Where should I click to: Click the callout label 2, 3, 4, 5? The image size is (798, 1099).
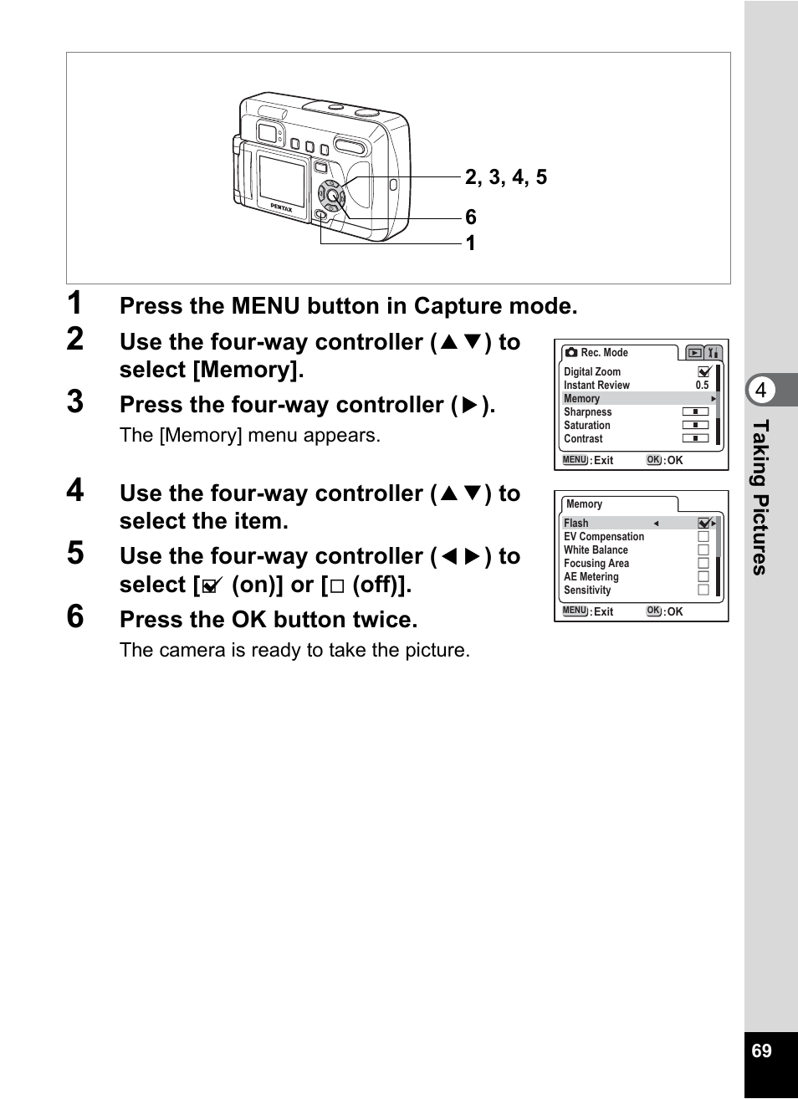[x=505, y=177]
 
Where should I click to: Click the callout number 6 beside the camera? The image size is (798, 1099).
[x=471, y=217]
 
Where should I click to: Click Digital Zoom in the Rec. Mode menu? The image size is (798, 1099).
[x=592, y=372]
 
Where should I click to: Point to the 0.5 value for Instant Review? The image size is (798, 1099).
[x=702, y=386]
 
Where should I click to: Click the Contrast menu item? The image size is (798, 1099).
[x=583, y=439]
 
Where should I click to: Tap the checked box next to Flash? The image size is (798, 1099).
[x=704, y=524]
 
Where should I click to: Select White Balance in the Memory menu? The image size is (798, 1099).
[x=596, y=550]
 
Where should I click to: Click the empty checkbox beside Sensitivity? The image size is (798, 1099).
[x=703, y=590]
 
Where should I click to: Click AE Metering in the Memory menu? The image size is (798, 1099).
[x=591, y=577]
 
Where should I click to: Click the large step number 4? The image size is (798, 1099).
[x=75, y=490]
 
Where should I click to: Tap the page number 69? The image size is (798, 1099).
[x=761, y=1051]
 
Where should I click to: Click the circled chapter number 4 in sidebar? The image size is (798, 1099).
[x=760, y=390]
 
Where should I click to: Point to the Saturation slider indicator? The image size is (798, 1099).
[x=695, y=426]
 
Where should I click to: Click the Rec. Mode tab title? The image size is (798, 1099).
[x=603, y=353]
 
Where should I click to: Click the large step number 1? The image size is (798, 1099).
[x=75, y=303]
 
